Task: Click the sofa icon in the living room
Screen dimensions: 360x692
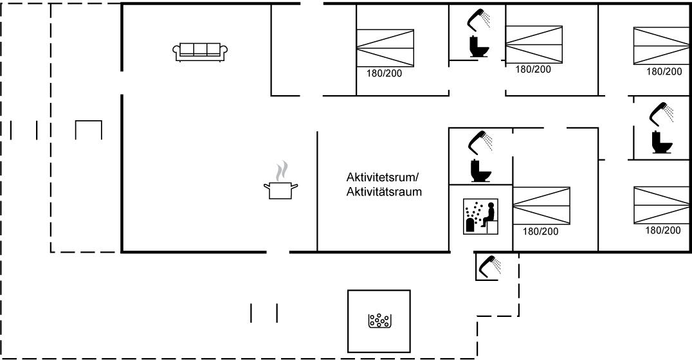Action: (199, 52)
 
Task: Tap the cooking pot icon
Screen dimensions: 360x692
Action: (280, 190)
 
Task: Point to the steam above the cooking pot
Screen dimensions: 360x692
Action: (281, 171)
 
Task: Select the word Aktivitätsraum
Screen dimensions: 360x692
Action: (383, 191)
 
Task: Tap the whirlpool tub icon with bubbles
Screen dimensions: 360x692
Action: (378, 319)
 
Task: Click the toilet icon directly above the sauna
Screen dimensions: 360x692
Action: (479, 170)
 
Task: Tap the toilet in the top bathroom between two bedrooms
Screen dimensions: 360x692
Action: (477, 47)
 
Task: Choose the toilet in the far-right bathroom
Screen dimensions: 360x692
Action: (660, 141)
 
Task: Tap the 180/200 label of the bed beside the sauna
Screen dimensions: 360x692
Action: (541, 231)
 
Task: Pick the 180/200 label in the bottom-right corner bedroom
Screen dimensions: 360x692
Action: (663, 230)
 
